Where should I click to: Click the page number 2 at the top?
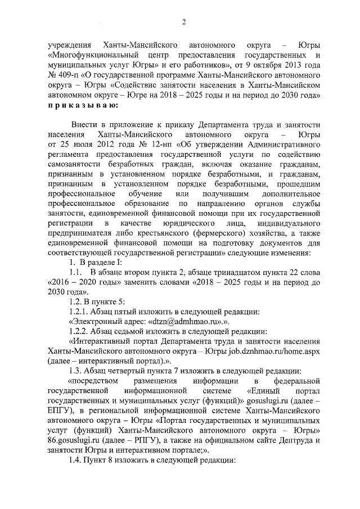click(x=184, y=22)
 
